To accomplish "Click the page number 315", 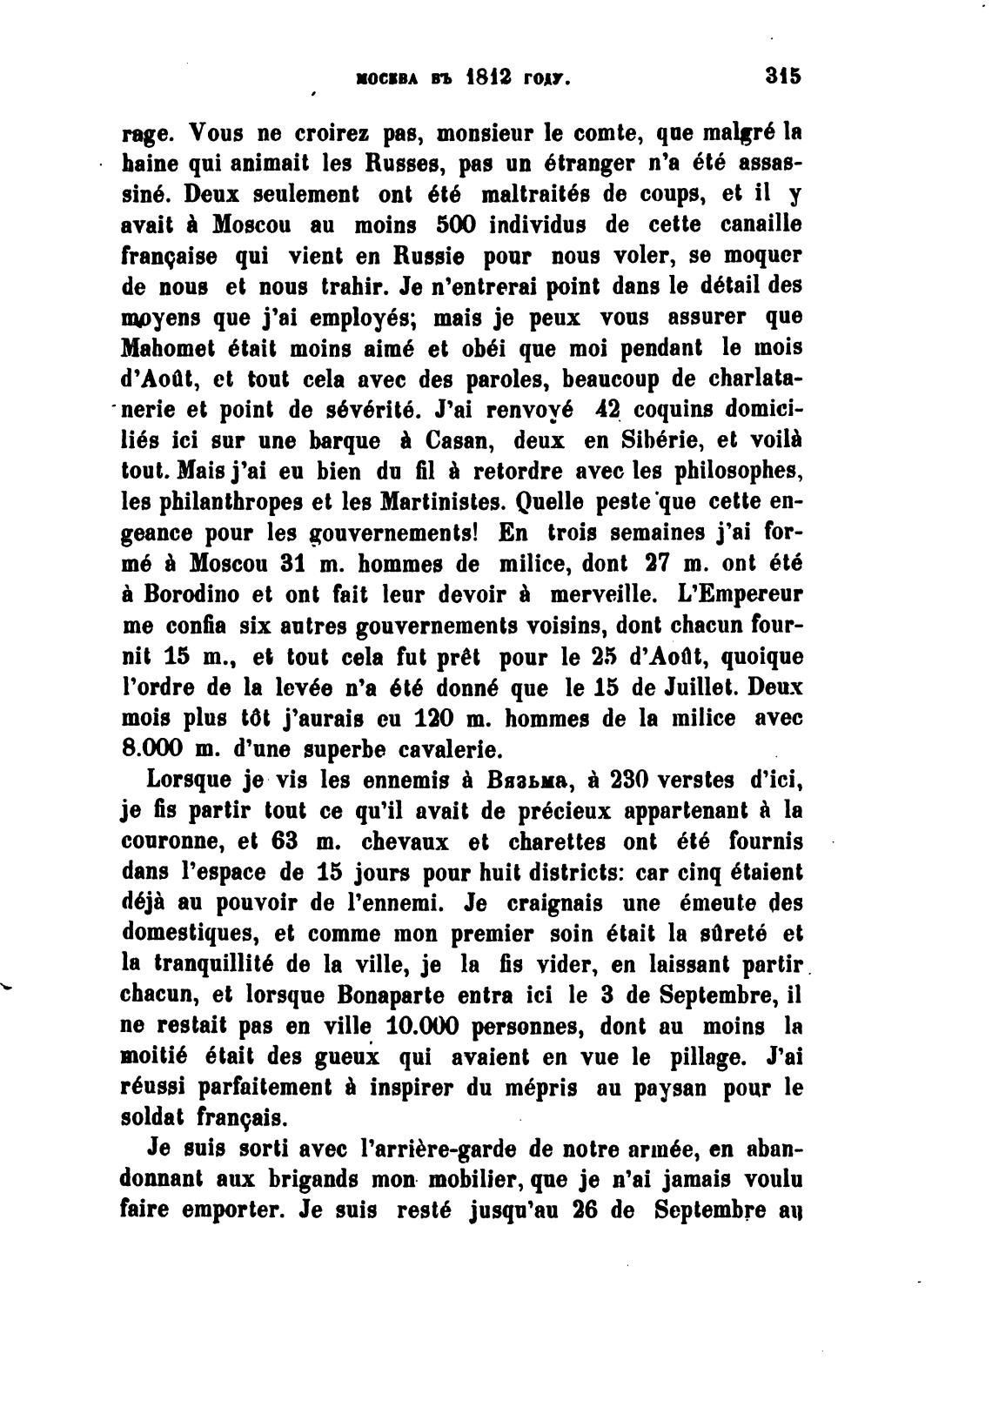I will click(x=782, y=76).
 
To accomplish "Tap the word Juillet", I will click(x=695, y=687).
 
